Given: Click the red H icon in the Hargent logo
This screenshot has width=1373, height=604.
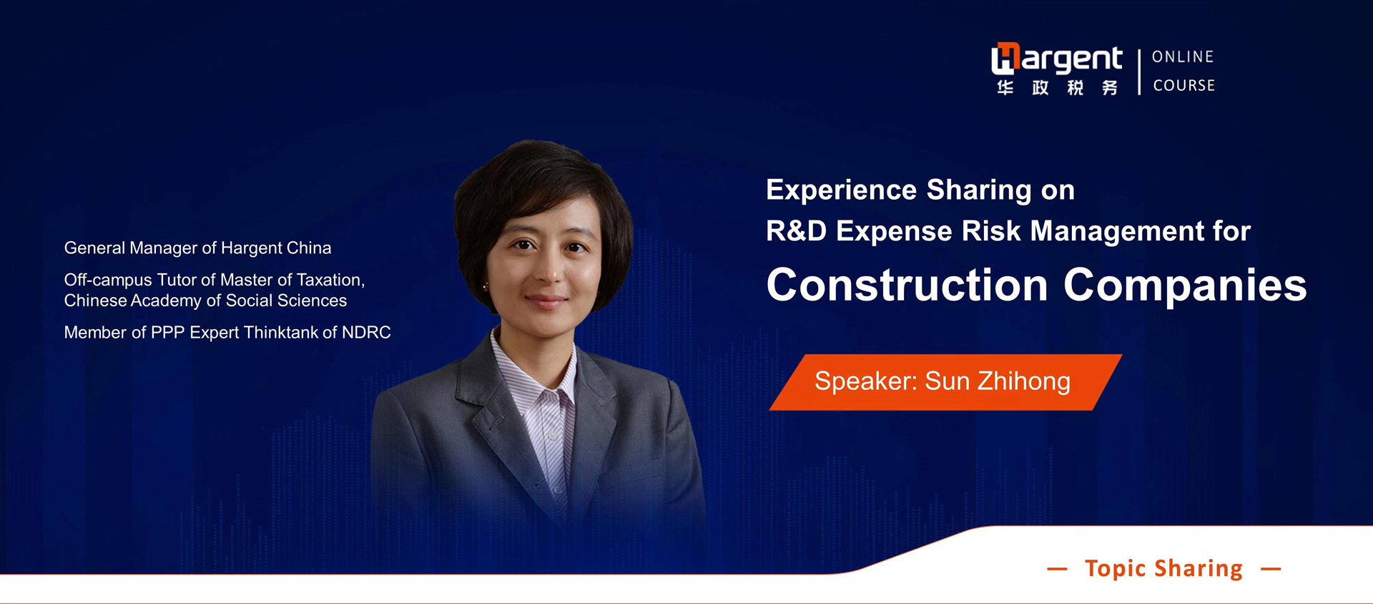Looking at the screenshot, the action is [x=1005, y=59].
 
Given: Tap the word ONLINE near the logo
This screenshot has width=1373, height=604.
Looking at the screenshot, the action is [x=1183, y=57].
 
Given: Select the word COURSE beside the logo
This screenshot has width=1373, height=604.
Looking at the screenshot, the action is [x=1183, y=85].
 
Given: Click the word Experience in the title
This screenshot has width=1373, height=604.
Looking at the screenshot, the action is [x=842, y=190].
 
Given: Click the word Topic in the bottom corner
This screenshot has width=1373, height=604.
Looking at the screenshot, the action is [x=1116, y=568].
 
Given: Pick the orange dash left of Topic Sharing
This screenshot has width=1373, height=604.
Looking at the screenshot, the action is [x=1057, y=570].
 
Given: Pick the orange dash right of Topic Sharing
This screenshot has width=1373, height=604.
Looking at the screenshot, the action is [x=1271, y=570].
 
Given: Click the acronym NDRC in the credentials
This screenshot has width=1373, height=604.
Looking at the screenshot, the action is [x=366, y=332].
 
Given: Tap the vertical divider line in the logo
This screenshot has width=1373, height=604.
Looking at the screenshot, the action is [x=1138, y=72].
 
